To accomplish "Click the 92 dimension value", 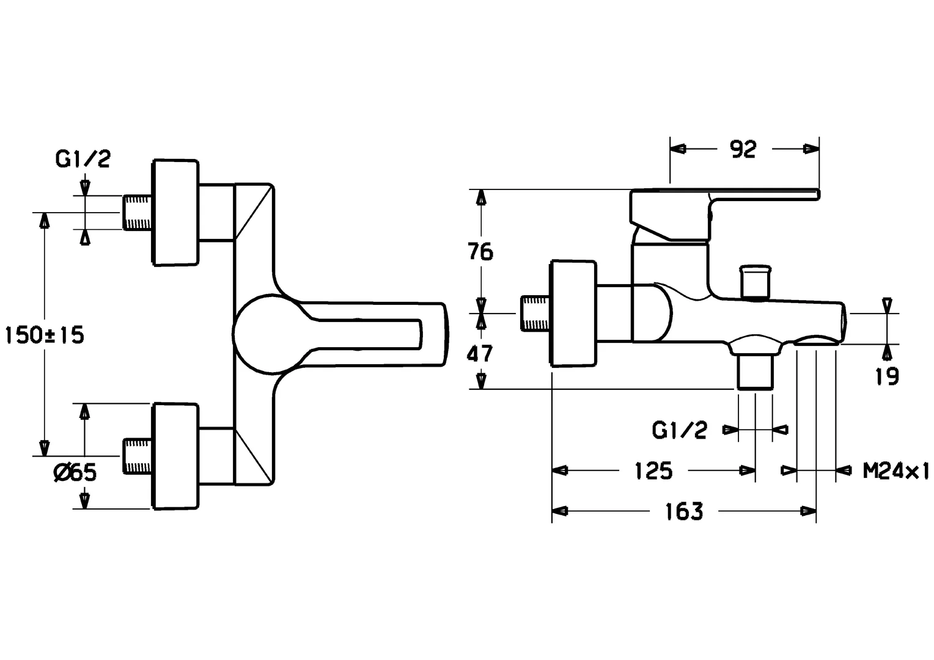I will click(x=743, y=149).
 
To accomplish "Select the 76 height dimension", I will click(x=480, y=251).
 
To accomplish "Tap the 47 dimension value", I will click(x=480, y=353).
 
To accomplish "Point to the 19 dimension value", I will click(x=887, y=376).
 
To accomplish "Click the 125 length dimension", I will click(x=653, y=471).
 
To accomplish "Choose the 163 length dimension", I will click(x=684, y=512).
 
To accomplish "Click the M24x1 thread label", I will click(x=895, y=471).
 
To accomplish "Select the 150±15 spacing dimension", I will click(x=44, y=335).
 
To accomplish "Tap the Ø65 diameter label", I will click(x=75, y=472).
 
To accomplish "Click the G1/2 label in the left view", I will click(x=83, y=159).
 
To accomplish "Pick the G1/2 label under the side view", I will click(x=679, y=431).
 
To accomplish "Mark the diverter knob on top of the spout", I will click(x=756, y=281).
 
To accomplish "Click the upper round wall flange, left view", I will click(x=175, y=213).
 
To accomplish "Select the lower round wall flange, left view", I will click(x=175, y=456).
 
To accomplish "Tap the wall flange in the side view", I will click(x=573, y=313).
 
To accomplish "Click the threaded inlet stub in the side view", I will click(x=535, y=313).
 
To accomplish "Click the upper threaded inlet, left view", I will click(x=137, y=213).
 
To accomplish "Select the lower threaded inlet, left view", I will click(x=137, y=456).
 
